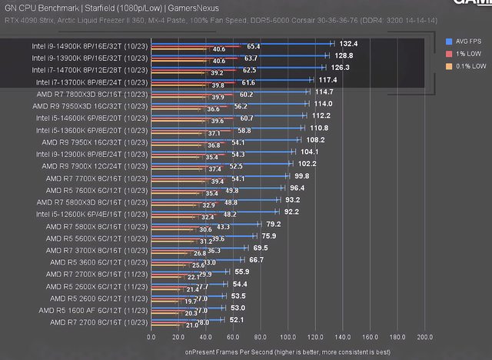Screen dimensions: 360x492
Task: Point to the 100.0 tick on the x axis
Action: tap(288, 336)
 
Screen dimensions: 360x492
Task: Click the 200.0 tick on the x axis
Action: tap(424, 336)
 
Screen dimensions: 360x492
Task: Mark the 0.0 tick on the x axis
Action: tap(151, 336)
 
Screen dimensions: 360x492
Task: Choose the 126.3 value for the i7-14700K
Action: tap(340, 68)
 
